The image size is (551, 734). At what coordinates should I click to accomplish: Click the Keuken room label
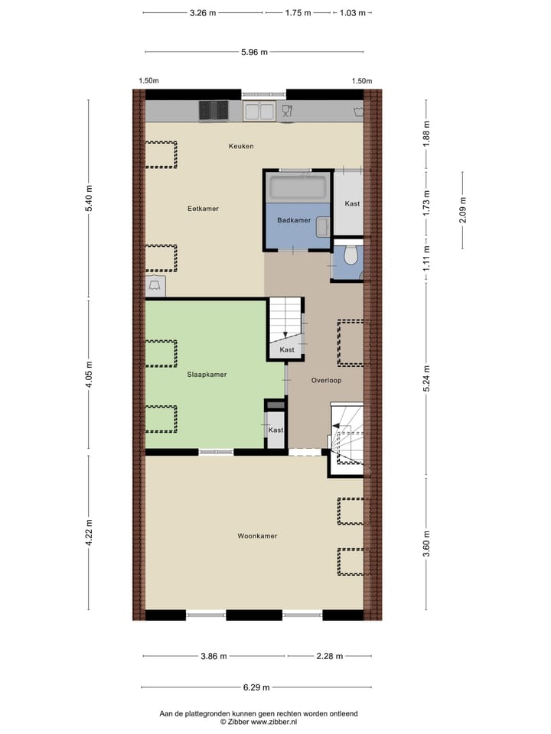pyautogui.click(x=240, y=146)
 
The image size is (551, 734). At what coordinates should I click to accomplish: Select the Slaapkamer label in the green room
pyautogui.click(x=207, y=375)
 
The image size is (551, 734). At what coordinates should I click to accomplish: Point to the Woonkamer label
pyautogui.click(x=257, y=536)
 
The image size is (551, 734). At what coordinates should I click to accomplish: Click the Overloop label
pyautogui.click(x=326, y=380)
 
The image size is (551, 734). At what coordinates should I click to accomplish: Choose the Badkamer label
pyautogui.click(x=294, y=220)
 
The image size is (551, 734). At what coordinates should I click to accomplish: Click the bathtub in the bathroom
pyautogui.click(x=298, y=187)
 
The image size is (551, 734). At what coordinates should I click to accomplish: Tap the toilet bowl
pyautogui.click(x=350, y=255)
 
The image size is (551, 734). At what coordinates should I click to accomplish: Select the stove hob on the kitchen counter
pyautogui.click(x=214, y=112)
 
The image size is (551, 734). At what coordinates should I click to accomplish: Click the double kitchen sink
pyautogui.click(x=259, y=112)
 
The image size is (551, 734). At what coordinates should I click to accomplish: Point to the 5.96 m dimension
pyautogui.click(x=254, y=52)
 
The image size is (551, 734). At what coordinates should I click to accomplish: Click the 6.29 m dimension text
pyautogui.click(x=254, y=687)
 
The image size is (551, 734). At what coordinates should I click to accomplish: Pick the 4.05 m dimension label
pyautogui.click(x=90, y=375)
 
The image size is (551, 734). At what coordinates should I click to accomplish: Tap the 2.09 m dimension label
pyautogui.click(x=462, y=208)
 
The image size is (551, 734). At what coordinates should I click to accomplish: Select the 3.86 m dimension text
pyautogui.click(x=214, y=656)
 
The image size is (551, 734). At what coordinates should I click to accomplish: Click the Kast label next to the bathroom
pyautogui.click(x=352, y=203)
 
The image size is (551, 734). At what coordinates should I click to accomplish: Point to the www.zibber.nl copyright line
pyautogui.click(x=259, y=721)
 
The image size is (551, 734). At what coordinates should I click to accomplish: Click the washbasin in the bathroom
pyautogui.click(x=322, y=226)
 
